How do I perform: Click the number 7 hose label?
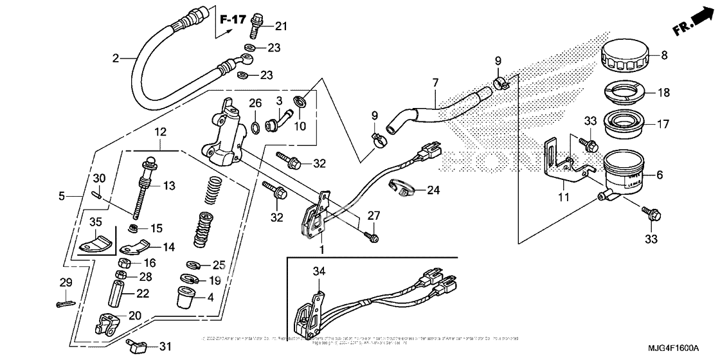point(435,83)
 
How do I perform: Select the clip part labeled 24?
point(401,188)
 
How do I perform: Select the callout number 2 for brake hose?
point(116,58)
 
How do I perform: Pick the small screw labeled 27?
point(371,238)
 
